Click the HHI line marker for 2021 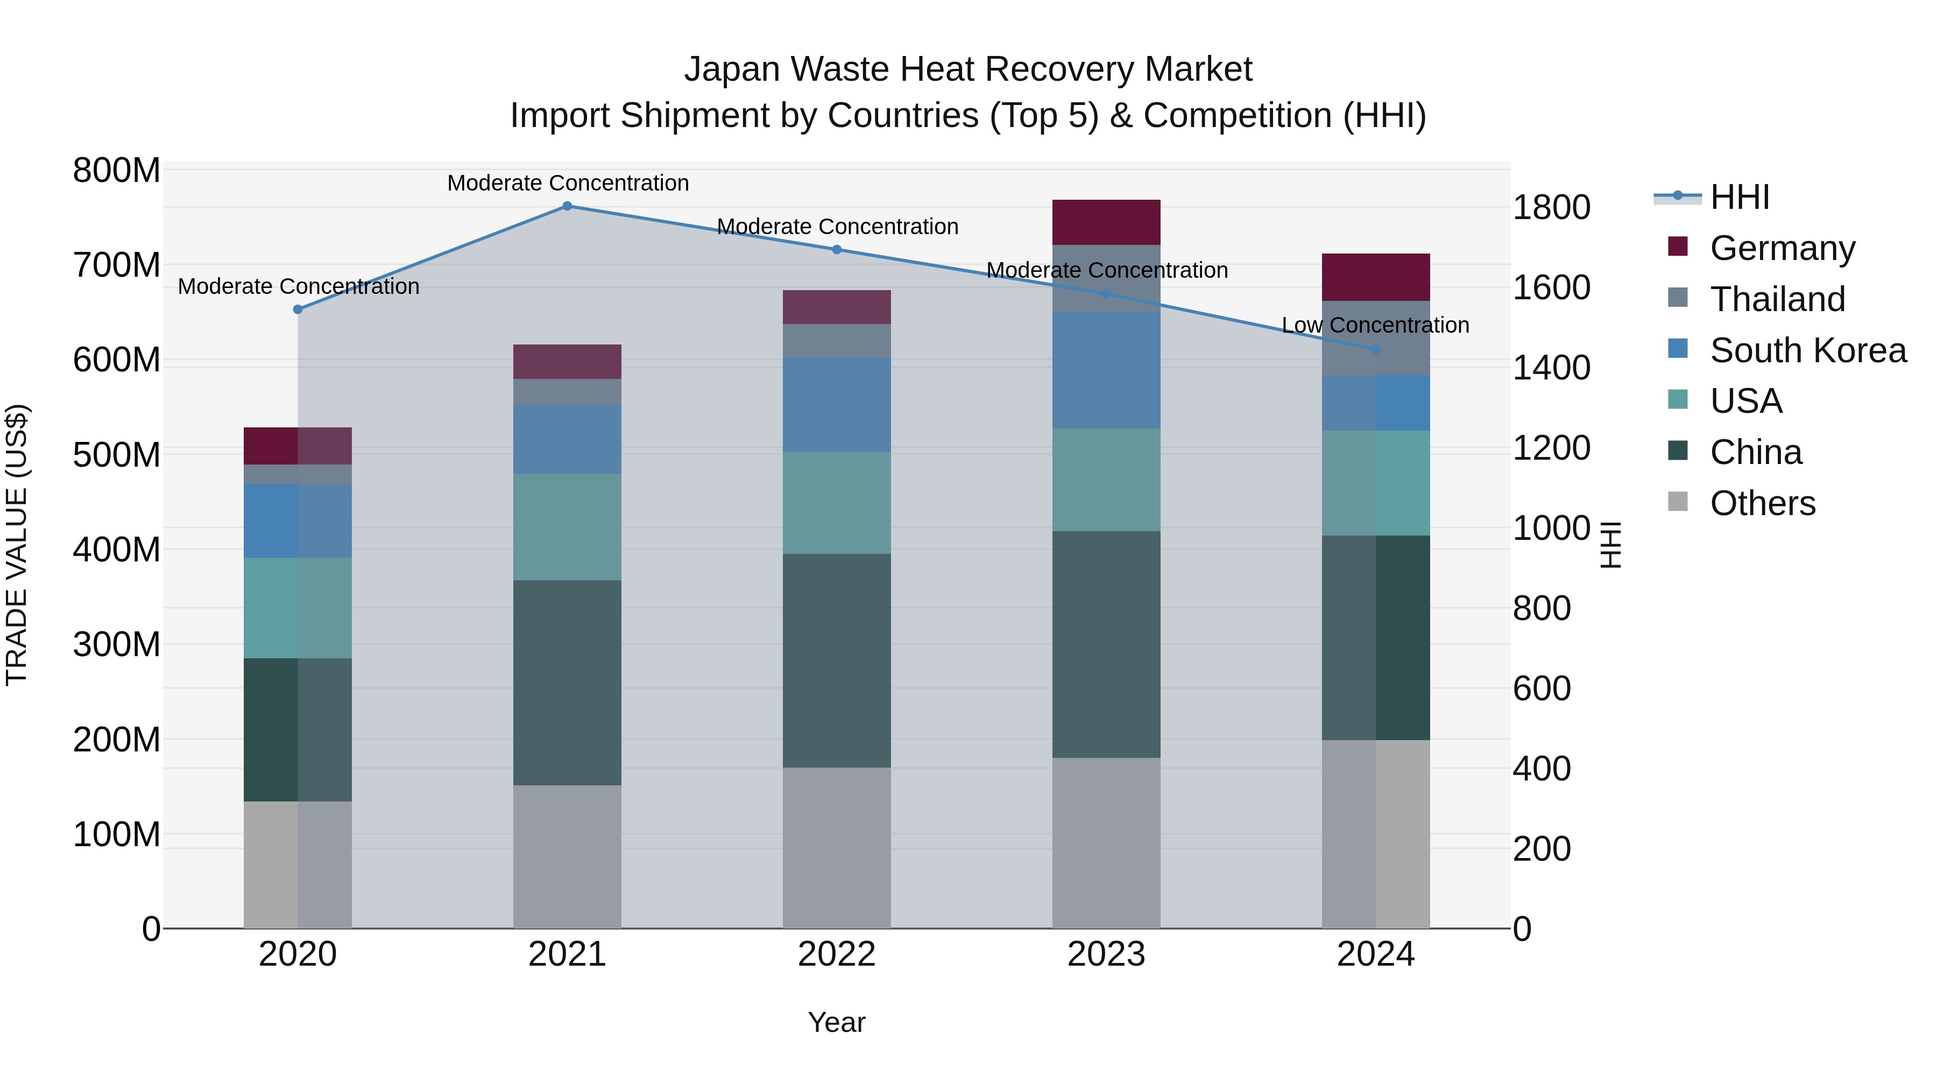pos(567,206)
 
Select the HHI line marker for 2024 pos(1376,350)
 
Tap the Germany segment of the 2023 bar pos(1106,222)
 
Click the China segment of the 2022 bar pos(836,660)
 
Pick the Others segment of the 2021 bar pos(567,857)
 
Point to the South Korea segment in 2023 pos(1106,370)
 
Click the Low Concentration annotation pos(1375,325)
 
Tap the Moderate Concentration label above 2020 pos(299,286)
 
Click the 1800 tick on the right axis pos(1551,208)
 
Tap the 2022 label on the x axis pos(836,954)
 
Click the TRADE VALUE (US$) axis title pos(17,545)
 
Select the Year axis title pos(836,1022)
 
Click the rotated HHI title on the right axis pos(1610,545)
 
